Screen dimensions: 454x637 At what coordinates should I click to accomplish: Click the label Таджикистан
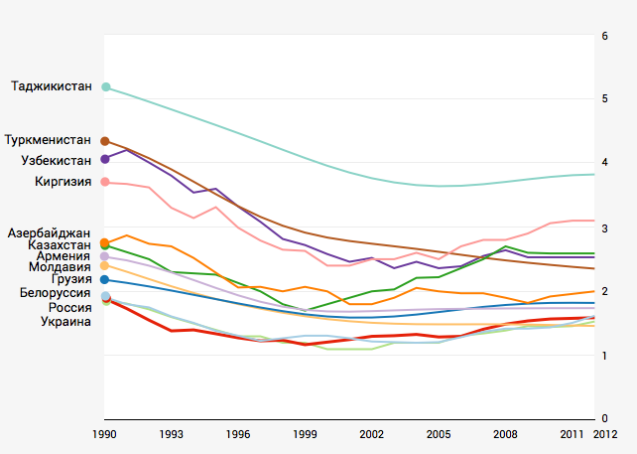pos(51,87)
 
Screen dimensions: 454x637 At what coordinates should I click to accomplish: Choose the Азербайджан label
pos(50,232)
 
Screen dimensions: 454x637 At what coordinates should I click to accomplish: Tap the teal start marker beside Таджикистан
pos(106,87)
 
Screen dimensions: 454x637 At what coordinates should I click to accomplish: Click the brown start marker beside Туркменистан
pos(106,141)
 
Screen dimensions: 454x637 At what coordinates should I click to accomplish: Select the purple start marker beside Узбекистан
pos(106,159)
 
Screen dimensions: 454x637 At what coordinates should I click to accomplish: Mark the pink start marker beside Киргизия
pos(106,182)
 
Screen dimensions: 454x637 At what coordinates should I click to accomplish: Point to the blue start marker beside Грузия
pos(106,280)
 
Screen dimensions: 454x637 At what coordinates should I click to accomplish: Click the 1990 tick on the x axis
pos(105,435)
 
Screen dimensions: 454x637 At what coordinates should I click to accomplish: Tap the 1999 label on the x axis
pos(305,435)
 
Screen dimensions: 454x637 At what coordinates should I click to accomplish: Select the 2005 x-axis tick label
pos(438,435)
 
